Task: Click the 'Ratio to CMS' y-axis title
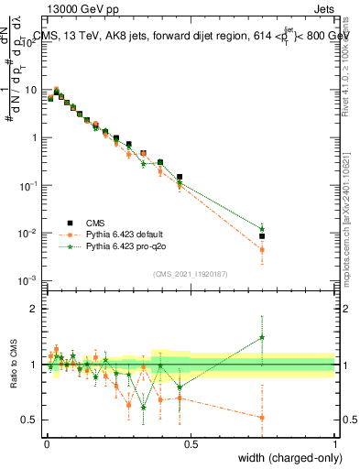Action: click(x=13, y=365)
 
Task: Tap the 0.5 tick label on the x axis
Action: click(x=190, y=443)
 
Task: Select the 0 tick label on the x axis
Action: click(x=46, y=443)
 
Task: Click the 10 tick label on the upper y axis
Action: click(x=31, y=91)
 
